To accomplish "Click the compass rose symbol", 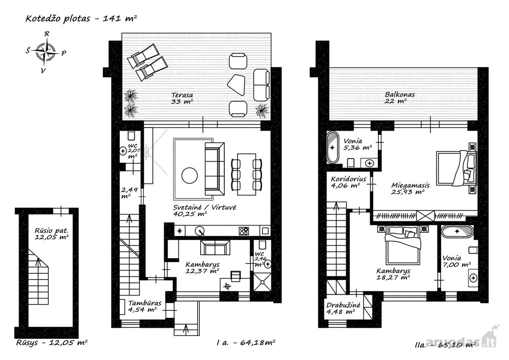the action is coord(46,53).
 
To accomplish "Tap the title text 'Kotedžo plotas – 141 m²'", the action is coord(81,18).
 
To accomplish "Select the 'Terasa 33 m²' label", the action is coord(182,98).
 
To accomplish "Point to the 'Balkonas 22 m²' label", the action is coord(400,98).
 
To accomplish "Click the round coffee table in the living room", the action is coord(190,176).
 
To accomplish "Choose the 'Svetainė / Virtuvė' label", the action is coord(204,207).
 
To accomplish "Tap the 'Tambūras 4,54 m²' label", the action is coord(145,306).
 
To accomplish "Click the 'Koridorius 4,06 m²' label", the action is coord(348,182).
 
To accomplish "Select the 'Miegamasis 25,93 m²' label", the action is coord(411,189).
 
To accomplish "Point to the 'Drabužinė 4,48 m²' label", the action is coord(343,308).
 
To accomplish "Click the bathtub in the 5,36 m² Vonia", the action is coord(333,147).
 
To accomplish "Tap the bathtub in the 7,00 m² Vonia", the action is coord(457,232).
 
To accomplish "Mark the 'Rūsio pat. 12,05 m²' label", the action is coord(52,234).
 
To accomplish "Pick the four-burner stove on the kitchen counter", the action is coord(243,231).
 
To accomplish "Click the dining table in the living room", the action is coord(246,174).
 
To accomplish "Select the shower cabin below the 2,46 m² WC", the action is coord(262,282).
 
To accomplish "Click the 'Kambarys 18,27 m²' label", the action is coord(393,274).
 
